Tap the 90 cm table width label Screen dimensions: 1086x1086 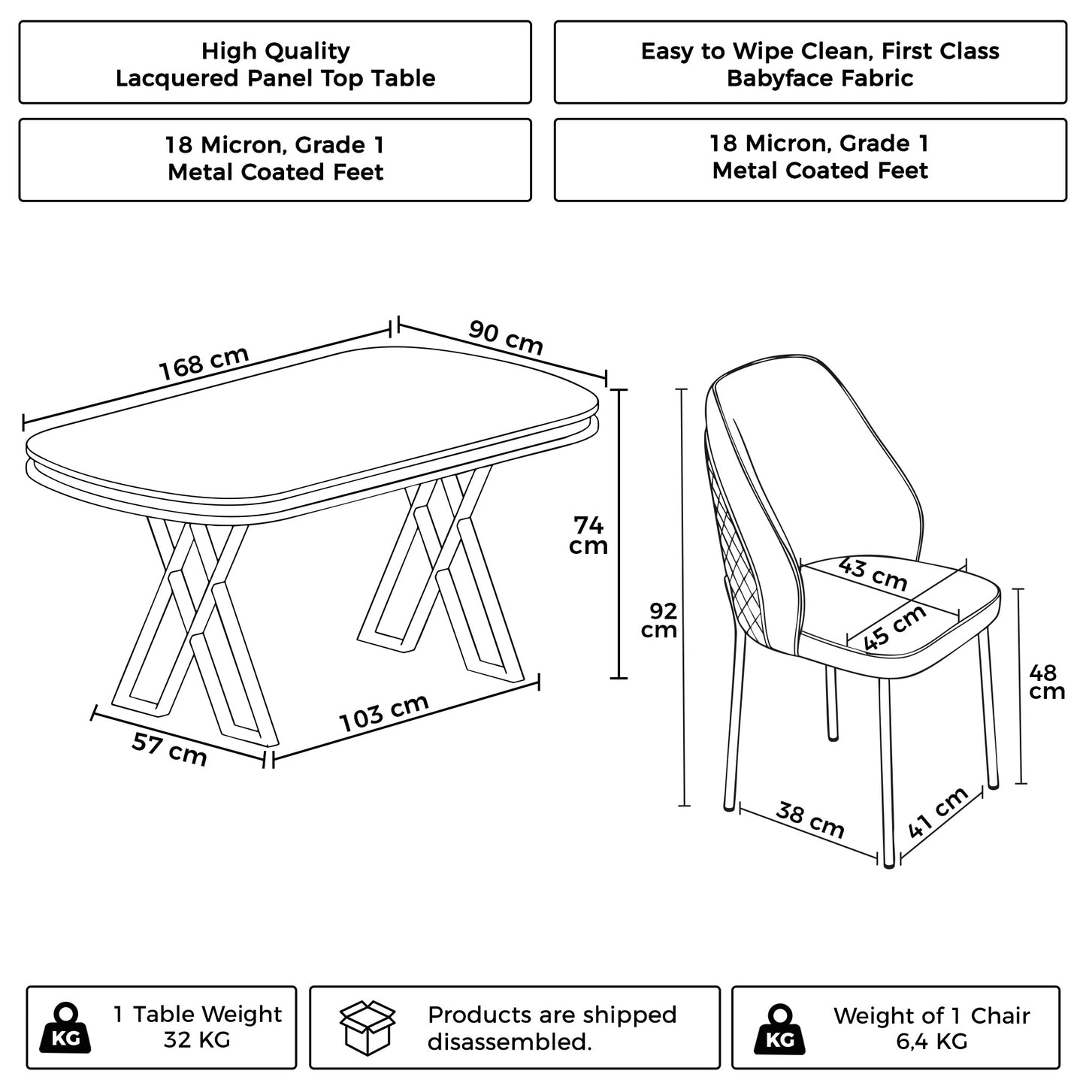(x=506, y=337)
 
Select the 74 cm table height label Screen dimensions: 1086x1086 (x=588, y=534)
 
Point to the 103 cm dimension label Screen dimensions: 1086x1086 (x=384, y=712)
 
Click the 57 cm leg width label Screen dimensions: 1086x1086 (x=169, y=749)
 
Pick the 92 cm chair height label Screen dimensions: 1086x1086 (x=659, y=620)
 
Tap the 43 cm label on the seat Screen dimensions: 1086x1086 (x=873, y=573)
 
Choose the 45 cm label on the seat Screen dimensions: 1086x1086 (x=894, y=628)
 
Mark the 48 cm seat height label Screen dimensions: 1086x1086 (x=1046, y=682)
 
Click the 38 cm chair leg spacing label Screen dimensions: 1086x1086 (x=810, y=820)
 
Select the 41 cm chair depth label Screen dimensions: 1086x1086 (x=938, y=813)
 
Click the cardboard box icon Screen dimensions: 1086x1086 (x=368, y=1027)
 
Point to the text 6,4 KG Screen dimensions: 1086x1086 (x=931, y=1042)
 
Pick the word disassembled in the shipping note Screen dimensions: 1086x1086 (x=509, y=1042)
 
